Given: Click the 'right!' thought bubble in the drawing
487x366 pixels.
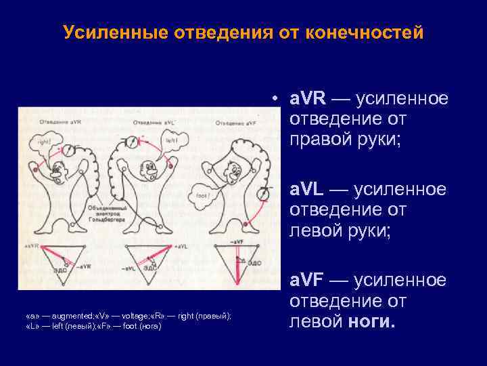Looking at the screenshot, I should pos(44,144).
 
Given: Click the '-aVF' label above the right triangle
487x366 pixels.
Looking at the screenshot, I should pos(237,242).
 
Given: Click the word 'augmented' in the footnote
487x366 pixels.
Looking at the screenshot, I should pos(58,317).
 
